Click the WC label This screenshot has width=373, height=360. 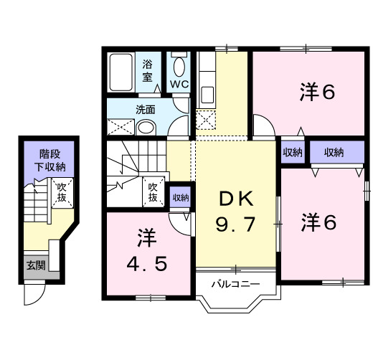tap(179, 84)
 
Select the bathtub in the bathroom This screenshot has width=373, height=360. tap(121, 72)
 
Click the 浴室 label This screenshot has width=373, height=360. tap(147, 71)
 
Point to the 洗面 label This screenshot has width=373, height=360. tap(146, 110)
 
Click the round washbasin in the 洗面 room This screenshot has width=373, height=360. tap(146, 128)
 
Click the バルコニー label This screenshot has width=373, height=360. tap(236, 284)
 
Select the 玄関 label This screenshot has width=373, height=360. tap(36, 265)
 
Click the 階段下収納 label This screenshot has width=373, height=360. tap(49, 161)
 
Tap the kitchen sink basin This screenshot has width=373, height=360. tap(207, 95)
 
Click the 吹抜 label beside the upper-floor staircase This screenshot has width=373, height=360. tap(153, 192)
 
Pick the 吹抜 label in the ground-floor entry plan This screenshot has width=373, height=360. tap(62, 192)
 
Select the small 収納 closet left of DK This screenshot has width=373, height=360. tap(181, 197)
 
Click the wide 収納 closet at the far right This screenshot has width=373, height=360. tap(337, 152)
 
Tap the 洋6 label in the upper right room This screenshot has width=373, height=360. tap(317, 92)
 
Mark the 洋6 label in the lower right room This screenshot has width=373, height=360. tap(319, 222)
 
